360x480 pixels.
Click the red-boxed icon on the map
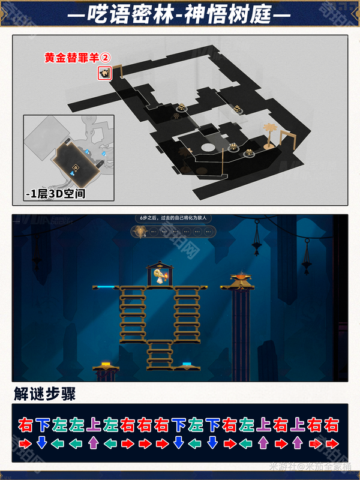[x=104, y=73]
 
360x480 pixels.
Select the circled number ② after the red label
[x=105, y=58]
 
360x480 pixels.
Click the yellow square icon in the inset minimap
[x=76, y=168]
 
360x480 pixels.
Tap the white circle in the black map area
[x=208, y=147]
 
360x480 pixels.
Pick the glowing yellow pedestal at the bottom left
[x=106, y=364]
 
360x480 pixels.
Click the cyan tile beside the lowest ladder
[x=187, y=364]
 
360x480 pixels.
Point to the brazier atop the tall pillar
[x=242, y=278]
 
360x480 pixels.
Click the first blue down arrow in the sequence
[x=42, y=443]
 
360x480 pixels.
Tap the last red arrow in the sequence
[x=331, y=443]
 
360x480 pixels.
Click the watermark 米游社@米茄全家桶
[x=312, y=466]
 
